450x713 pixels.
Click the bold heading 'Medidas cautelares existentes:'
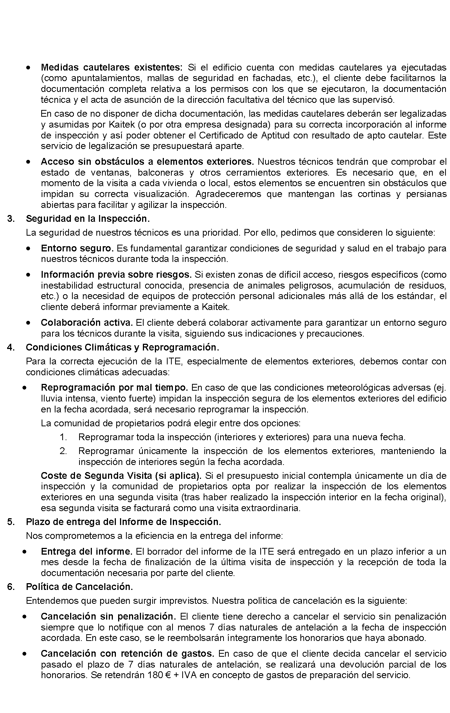click(x=111, y=68)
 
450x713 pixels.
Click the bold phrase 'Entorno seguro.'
click(x=77, y=248)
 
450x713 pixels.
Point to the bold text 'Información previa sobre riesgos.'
click(x=116, y=275)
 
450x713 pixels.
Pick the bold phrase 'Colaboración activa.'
click(x=87, y=323)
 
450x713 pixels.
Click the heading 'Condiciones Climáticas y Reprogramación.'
click(x=122, y=347)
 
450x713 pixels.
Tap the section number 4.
click(x=11, y=347)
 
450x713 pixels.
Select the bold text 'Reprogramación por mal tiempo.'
click(x=114, y=387)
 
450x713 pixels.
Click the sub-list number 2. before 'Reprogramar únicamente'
click(x=63, y=451)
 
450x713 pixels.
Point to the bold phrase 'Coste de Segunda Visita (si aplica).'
click(x=121, y=476)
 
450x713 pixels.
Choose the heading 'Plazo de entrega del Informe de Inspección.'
click(x=123, y=522)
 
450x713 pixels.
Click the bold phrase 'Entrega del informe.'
click(x=87, y=552)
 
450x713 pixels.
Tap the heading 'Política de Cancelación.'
click(x=79, y=587)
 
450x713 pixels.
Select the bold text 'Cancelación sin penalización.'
click(x=108, y=617)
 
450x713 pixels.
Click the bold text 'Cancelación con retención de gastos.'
click(x=127, y=654)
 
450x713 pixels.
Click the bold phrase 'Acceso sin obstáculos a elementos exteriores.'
click(x=147, y=162)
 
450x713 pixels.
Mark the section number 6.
click(x=11, y=587)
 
